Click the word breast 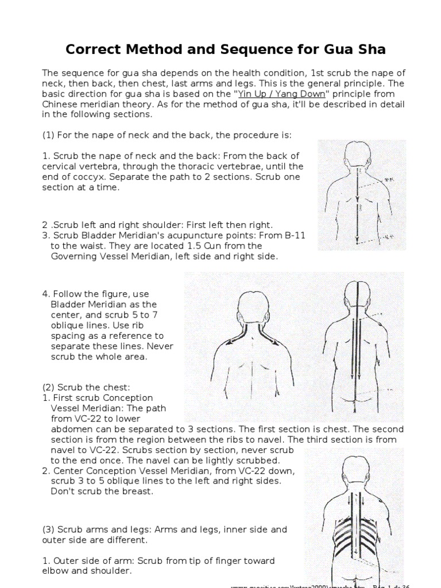(x=138, y=492)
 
